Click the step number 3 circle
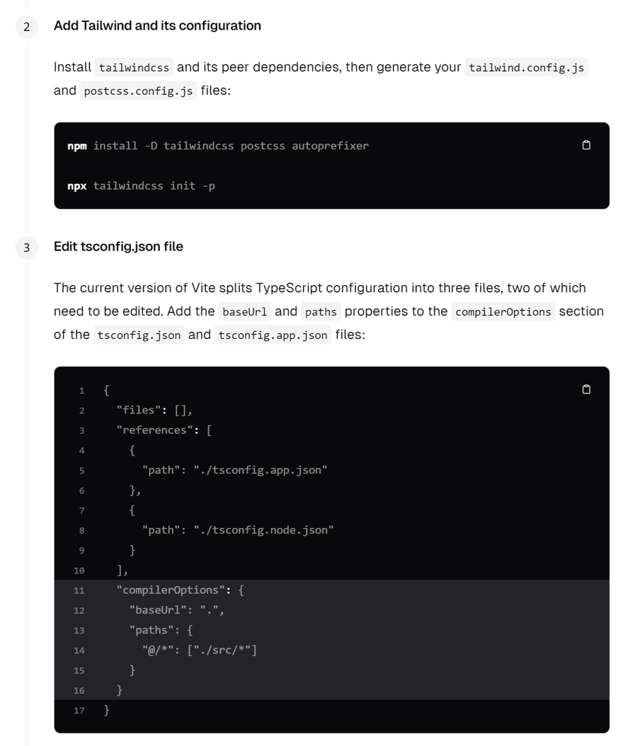point(27,248)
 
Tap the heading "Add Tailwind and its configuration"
point(157,25)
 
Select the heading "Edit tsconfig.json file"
point(119,246)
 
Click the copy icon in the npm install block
point(586,146)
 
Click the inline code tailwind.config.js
point(526,68)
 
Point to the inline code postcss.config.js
point(138,91)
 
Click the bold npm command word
point(77,146)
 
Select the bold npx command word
point(77,186)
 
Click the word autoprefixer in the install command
point(330,146)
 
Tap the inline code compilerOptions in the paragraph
point(503,312)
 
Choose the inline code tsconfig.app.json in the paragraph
point(273,335)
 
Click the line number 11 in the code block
point(79,591)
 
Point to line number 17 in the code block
point(79,710)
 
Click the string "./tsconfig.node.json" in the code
point(264,530)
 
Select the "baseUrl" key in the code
point(158,610)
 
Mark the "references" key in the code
point(155,430)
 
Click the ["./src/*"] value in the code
point(222,651)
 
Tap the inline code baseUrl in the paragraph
point(245,312)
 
